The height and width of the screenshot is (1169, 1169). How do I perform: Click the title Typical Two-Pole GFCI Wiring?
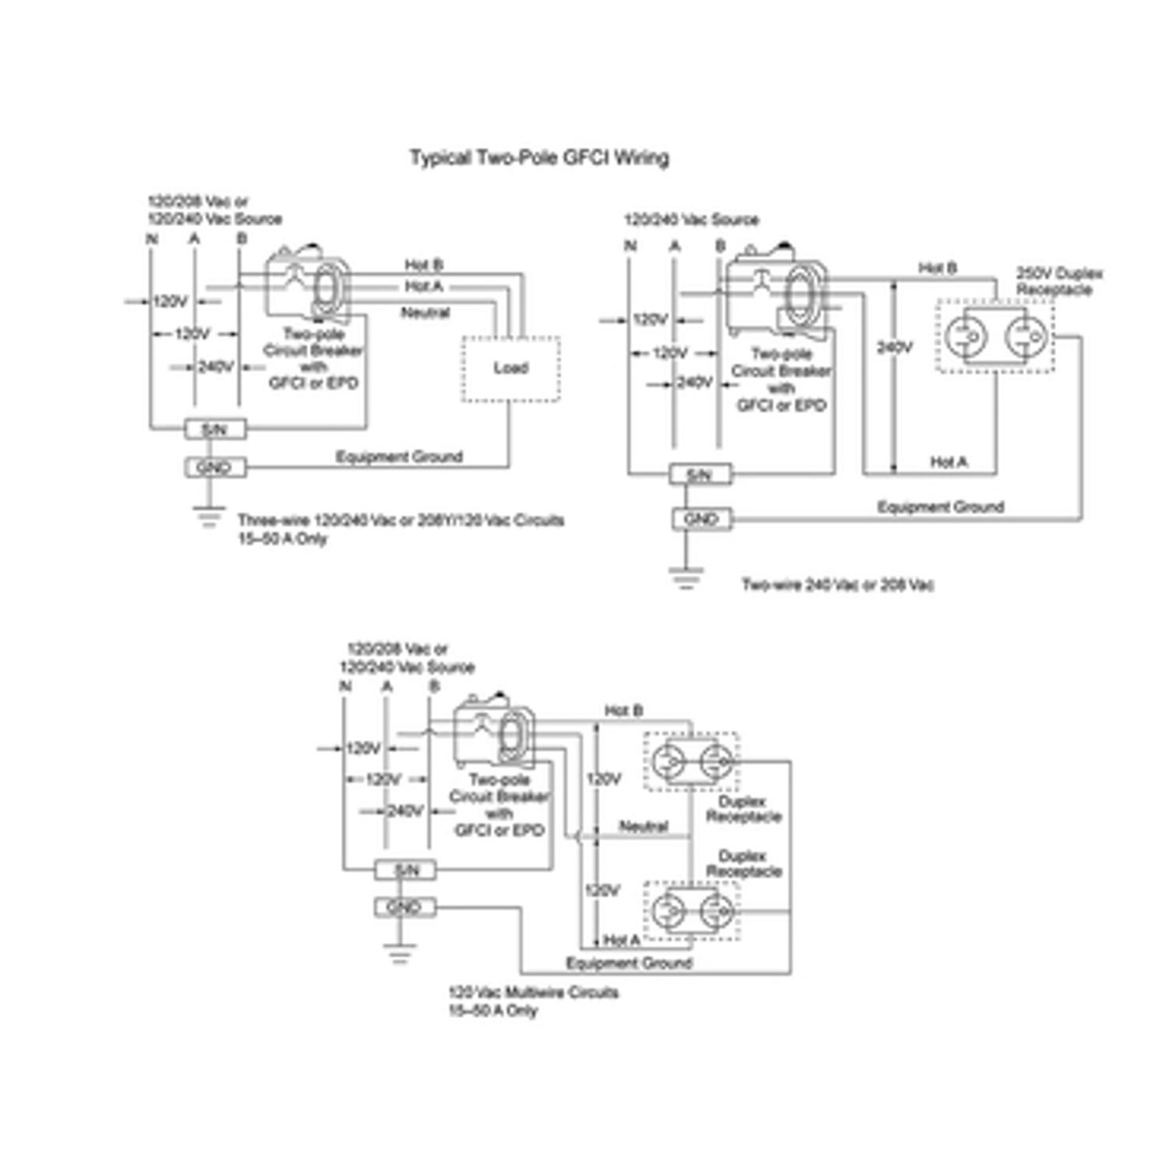click(539, 158)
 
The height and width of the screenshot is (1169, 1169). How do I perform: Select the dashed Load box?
click(510, 368)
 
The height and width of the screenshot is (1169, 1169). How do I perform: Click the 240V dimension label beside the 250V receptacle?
click(894, 347)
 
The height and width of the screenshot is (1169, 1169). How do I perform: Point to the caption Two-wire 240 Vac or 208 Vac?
click(838, 585)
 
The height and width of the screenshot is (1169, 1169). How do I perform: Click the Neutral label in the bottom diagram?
click(643, 827)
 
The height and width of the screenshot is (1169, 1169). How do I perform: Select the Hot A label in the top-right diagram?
click(949, 462)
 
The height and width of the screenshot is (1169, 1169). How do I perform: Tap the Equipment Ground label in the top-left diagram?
click(398, 456)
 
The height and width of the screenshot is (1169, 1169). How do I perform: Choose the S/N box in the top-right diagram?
click(699, 475)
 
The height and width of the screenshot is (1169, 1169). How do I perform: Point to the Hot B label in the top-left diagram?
click(424, 265)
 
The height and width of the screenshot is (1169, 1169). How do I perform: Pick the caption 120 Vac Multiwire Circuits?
click(533, 993)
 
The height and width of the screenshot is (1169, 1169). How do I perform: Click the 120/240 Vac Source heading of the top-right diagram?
click(691, 220)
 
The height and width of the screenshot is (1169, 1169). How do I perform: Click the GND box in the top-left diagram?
click(214, 468)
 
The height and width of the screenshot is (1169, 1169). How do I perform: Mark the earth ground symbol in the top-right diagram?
click(686, 577)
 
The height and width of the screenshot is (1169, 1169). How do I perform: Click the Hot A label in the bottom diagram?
click(622, 940)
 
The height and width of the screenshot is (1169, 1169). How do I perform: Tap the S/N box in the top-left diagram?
click(214, 429)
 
